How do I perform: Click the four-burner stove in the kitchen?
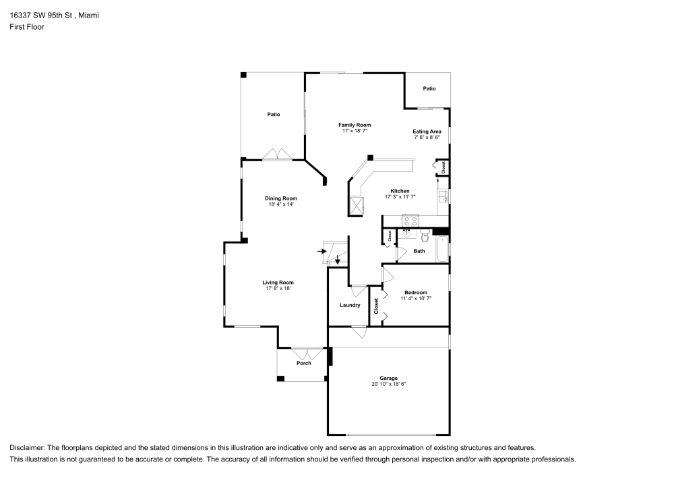(x=410, y=219)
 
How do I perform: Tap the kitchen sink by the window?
(x=443, y=196)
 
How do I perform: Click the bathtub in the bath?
(x=442, y=249)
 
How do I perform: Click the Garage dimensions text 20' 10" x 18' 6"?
(x=388, y=384)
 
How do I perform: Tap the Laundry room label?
(x=350, y=305)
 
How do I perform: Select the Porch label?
(x=304, y=364)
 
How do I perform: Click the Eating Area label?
(x=427, y=132)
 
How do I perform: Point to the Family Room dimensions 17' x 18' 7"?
(x=355, y=131)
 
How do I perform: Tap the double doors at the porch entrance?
(x=307, y=353)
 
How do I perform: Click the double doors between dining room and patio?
(x=277, y=155)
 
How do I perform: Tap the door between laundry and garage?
(x=359, y=331)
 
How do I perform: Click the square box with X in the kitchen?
(x=355, y=204)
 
